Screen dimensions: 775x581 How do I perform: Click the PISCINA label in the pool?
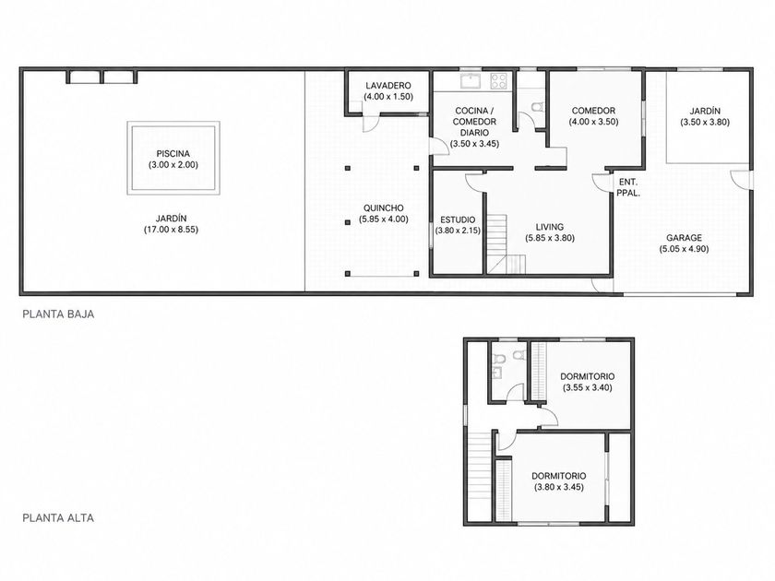tap(173, 154)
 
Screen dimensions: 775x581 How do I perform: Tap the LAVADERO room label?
tap(388, 86)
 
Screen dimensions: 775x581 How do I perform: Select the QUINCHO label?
tap(384, 208)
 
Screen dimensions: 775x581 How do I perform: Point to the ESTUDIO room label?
tap(458, 219)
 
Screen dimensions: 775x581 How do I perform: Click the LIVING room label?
tap(550, 227)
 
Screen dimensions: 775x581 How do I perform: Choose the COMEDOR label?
tap(593, 111)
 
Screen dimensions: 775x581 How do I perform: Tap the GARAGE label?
tap(684, 238)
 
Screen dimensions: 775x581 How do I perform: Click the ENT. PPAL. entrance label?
tap(628, 187)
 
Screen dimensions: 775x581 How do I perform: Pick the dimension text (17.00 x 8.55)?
tap(171, 230)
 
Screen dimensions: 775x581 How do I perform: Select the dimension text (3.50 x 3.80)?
tap(705, 122)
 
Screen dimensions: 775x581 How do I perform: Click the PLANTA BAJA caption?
tap(58, 314)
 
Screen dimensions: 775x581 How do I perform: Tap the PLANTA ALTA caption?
tap(58, 517)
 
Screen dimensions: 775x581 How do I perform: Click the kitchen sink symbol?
tap(471, 81)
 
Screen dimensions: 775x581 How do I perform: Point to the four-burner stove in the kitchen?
tap(499, 81)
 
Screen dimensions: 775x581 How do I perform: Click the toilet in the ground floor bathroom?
tap(536, 107)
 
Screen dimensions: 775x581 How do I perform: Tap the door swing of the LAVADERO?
tap(371, 124)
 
